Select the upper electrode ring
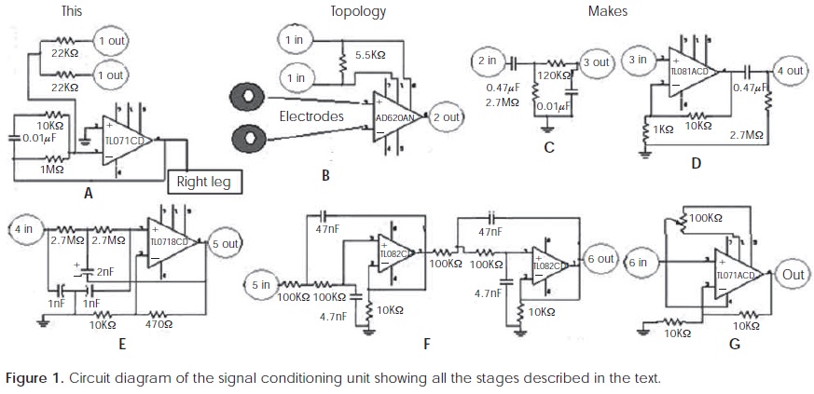[x=249, y=95]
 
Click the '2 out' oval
[x=446, y=117]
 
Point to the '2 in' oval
[x=487, y=61]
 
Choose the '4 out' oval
[x=789, y=71]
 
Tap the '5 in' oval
[x=261, y=284]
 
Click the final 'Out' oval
[x=793, y=276]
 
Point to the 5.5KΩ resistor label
[x=370, y=56]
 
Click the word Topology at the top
[x=358, y=11]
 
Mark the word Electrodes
[x=312, y=117]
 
